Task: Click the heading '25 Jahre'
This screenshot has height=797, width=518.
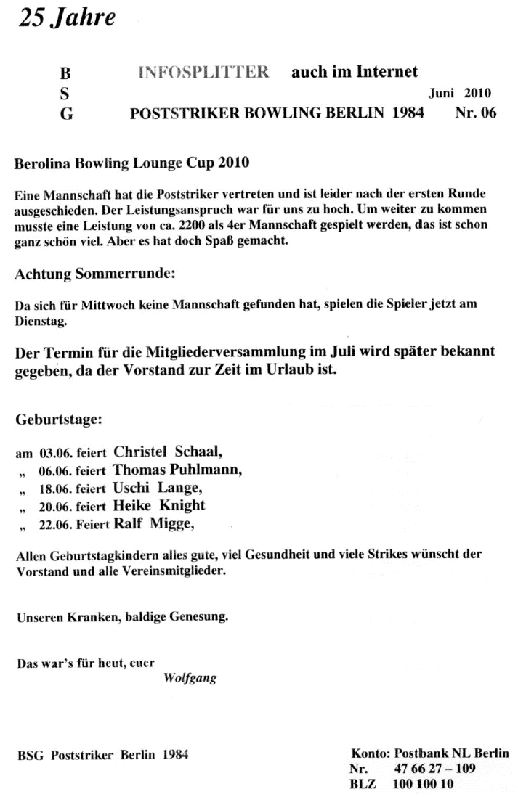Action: [x=67, y=19]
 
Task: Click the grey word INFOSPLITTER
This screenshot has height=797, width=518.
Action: [x=203, y=73]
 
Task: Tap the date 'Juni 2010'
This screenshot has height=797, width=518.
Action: [x=460, y=93]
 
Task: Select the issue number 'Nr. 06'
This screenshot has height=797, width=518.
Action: [x=475, y=114]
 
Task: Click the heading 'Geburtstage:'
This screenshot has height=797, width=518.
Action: [x=60, y=420]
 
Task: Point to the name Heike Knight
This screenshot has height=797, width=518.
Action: [x=159, y=505]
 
